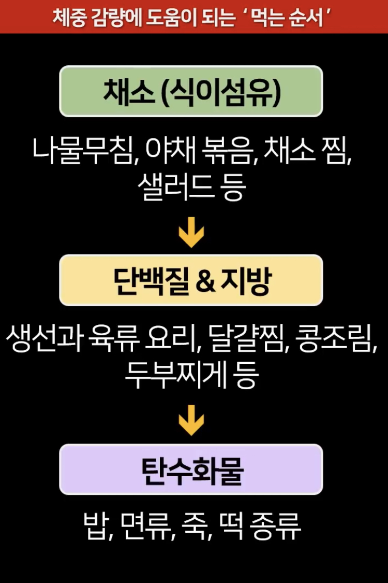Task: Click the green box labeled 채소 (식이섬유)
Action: click(x=191, y=91)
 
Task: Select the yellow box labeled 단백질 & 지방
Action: click(x=191, y=280)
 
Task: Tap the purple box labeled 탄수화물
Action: click(x=191, y=470)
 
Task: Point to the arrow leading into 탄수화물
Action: click(x=191, y=423)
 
